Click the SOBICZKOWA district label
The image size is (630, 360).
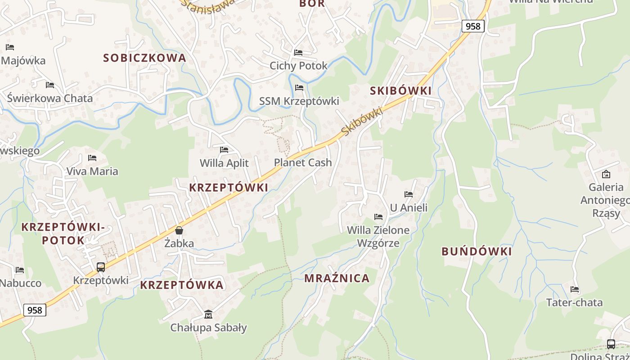tap(144, 58)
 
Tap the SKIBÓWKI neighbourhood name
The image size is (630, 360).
tap(400, 90)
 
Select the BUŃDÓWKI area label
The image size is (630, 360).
tap(477, 252)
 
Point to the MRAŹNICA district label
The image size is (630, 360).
tap(337, 278)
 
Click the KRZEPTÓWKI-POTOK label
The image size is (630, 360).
tap(63, 233)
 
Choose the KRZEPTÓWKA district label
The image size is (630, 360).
tap(182, 285)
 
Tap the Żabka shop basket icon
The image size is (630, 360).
tap(179, 230)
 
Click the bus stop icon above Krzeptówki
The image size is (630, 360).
tap(101, 267)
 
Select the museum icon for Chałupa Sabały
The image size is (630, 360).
tap(208, 314)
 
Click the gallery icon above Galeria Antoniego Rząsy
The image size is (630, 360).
tap(606, 174)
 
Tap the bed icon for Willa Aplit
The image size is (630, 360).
tap(224, 150)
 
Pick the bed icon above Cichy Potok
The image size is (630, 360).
tap(298, 53)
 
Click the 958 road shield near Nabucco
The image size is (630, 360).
tap(35, 310)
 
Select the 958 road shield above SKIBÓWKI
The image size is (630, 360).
tap(473, 26)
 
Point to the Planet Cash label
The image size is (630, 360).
tap(302, 162)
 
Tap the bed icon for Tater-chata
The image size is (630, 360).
tap(574, 289)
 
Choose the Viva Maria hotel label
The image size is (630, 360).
tap(92, 171)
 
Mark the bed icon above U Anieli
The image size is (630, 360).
tap(408, 194)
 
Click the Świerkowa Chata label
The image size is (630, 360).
tap(50, 98)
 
